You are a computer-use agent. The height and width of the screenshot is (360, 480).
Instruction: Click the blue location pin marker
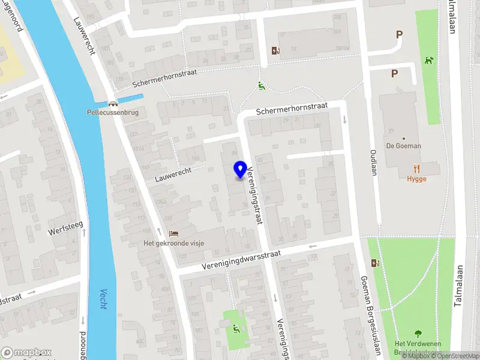241,169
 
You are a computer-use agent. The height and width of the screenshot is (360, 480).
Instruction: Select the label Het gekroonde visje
173,243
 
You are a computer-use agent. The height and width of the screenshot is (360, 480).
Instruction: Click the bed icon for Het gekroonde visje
173,233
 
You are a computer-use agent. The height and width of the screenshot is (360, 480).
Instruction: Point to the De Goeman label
403,146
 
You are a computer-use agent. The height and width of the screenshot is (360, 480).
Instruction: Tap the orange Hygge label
416,179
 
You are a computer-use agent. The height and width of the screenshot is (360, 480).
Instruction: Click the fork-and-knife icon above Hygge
416,169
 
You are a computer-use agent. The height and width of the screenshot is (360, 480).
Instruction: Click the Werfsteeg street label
67,228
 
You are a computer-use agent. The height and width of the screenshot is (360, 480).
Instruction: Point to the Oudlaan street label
373,163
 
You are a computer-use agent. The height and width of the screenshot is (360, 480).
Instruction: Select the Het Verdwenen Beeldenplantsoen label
418,347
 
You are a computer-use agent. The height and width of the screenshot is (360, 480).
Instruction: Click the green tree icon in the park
418,334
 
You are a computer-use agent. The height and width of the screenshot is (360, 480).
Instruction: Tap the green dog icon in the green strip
428,60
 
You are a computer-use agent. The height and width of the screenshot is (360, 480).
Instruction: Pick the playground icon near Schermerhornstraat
260,86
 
